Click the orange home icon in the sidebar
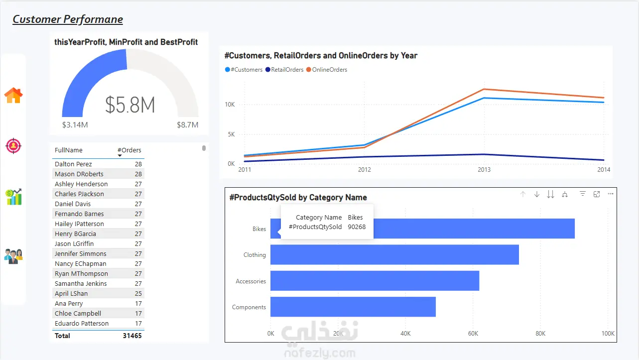click(13, 95)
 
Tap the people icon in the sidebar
click(13, 256)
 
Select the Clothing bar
click(394, 255)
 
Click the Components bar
click(353, 307)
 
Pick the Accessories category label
click(251, 281)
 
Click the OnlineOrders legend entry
click(327, 70)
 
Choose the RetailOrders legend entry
click(284, 70)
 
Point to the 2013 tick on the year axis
click(484, 170)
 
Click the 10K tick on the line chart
click(230, 105)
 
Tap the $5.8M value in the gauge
click(130, 105)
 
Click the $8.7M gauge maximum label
click(187, 125)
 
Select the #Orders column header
click(129, 150)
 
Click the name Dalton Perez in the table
click(73, 164)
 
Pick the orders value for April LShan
click(138, 294)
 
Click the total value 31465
click(132, 336)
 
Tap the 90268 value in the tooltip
click(357, 227)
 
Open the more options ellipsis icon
click(611, 194)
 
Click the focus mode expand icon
click(597, 194)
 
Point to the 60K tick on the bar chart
click(473, 334)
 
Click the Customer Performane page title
click(68, 19)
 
